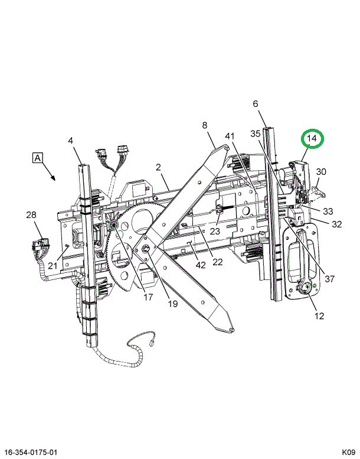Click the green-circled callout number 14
(312, 138)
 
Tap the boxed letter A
(37, 158)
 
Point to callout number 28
(31, 215)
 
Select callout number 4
(70, 141)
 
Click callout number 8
(205, 125)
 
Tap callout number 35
(256, 134)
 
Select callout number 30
(321, 171)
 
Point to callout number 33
(328, 211)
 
